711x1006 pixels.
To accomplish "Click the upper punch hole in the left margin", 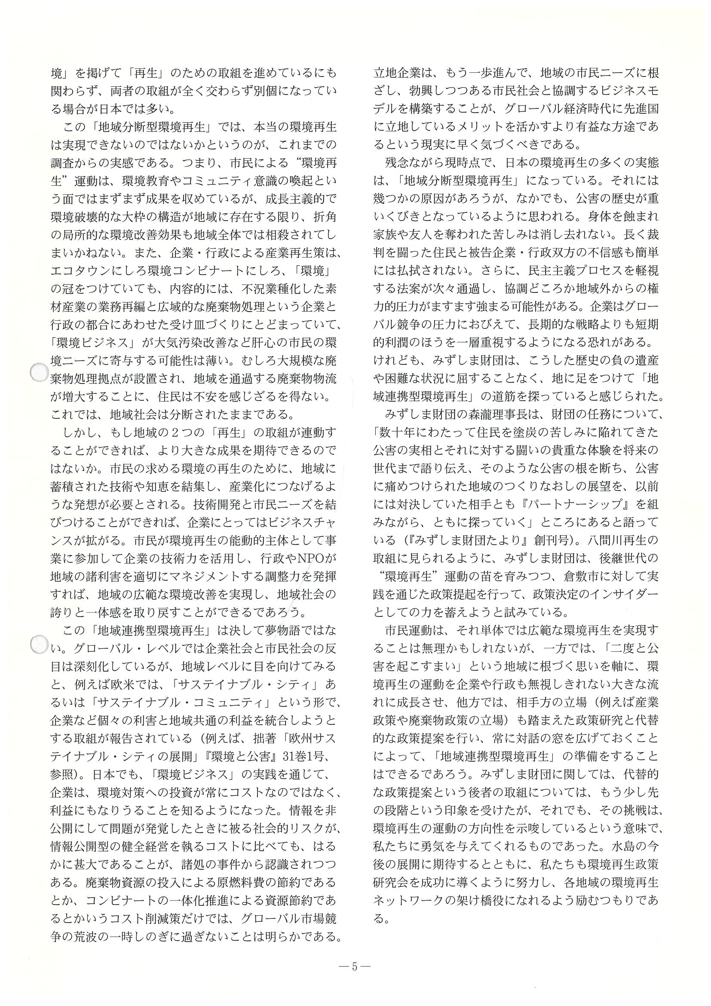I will click(39, 373).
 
